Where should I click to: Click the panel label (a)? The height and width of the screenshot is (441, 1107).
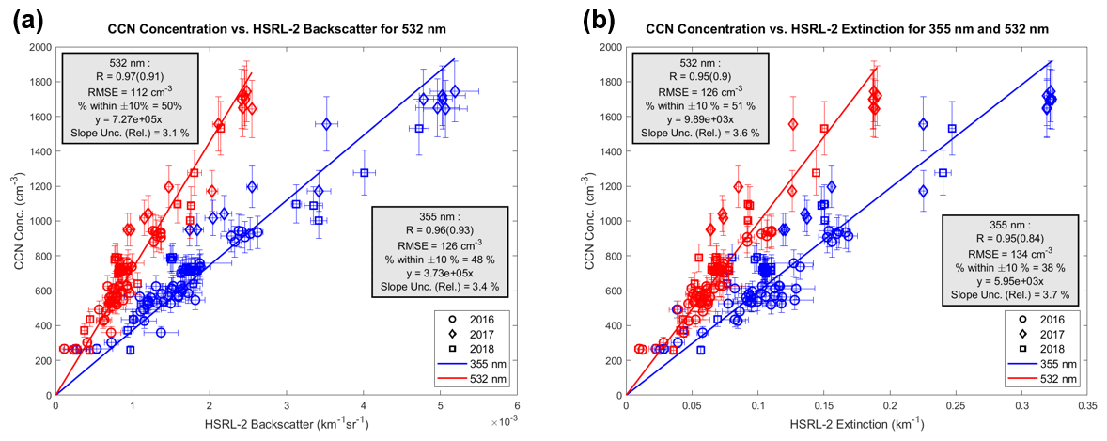pos(25,21)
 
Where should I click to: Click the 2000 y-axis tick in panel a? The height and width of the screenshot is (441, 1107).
pos(39,47)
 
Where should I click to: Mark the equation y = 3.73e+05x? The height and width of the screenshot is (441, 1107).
pos(440,272)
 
